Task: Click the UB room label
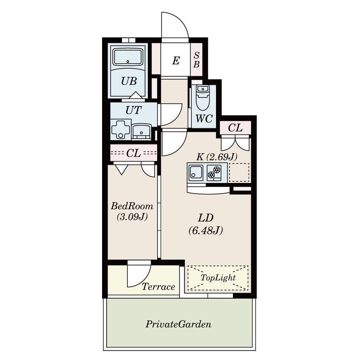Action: (129, 81)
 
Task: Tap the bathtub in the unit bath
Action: (128, 57)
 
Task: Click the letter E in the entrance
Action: (176, 61)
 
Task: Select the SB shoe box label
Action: (197, 60)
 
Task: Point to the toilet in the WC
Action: (202, 97)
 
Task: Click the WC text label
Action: (204, 119)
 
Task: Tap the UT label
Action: (133, 111)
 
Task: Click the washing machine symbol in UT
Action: (121, 130)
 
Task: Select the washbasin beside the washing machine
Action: (141, 132)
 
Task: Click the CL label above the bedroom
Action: (133, 153)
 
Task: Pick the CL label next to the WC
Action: (235, 127)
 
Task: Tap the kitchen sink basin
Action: (196, 173)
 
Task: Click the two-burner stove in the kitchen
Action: (214, 173)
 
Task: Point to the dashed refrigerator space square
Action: (239, 172)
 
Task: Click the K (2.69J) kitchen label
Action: (217, 157)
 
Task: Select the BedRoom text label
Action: (132, 206)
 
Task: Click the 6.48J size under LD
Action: (206, 230)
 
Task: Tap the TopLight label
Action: (218, 278)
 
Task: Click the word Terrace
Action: (158, 287)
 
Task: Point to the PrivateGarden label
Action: (178, 324)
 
